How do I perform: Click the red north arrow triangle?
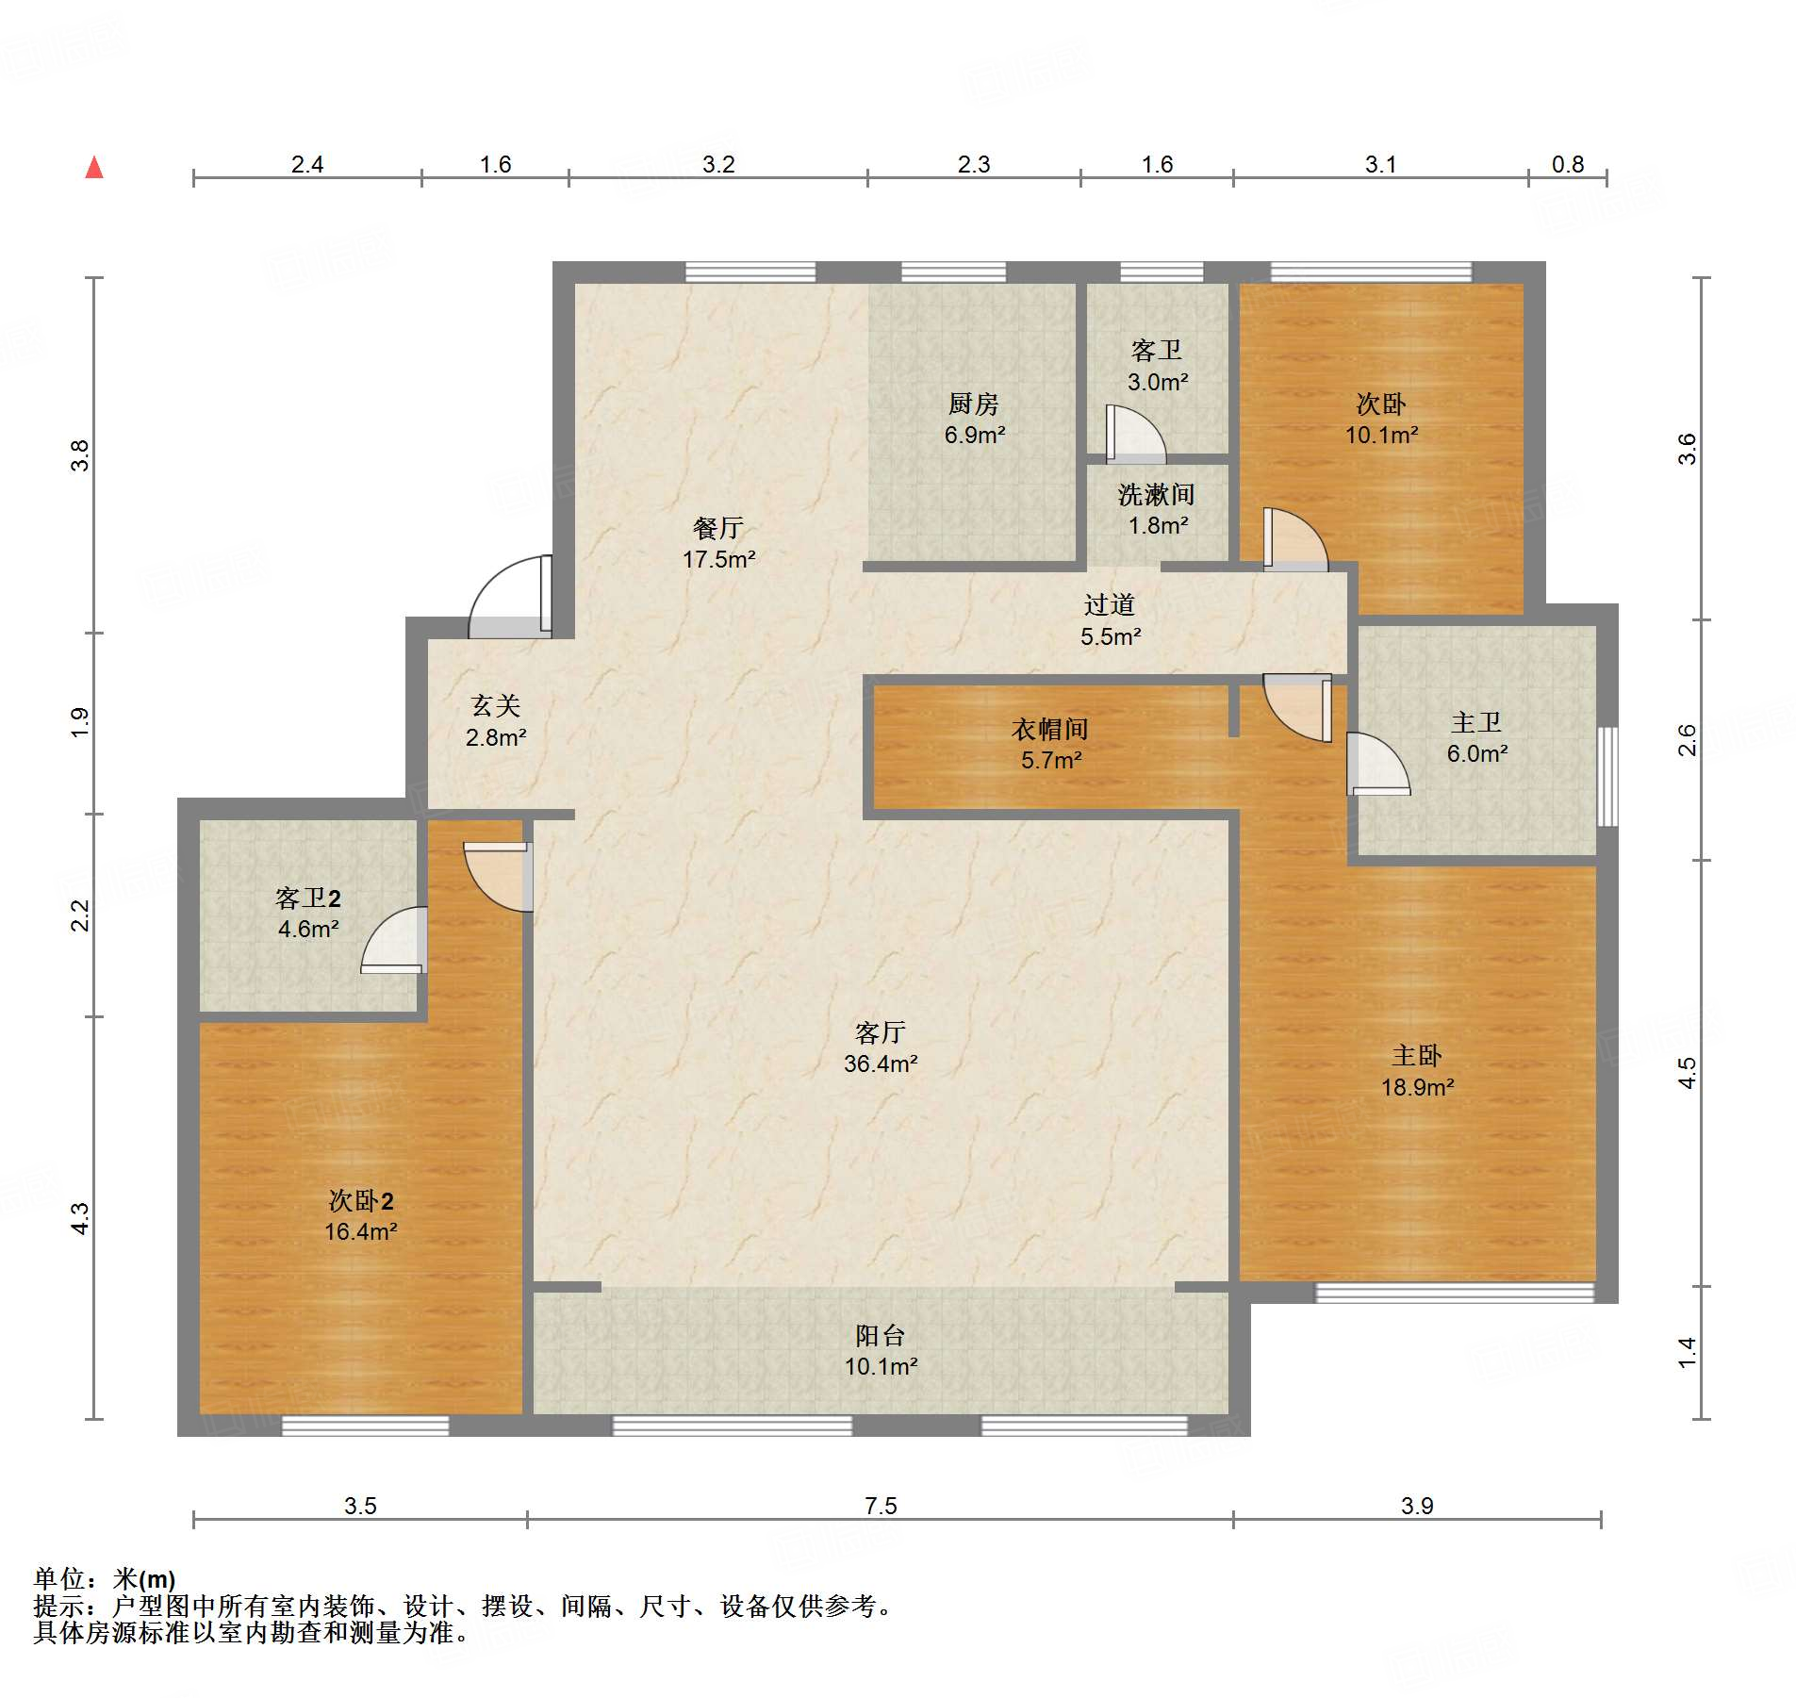point(94,168)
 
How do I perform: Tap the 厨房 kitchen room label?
point(973,404)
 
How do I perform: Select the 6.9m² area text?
point(975,436)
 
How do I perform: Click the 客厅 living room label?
point(881,1032)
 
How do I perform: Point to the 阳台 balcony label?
point(881,1335)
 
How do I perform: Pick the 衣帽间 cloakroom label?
point(1050,729)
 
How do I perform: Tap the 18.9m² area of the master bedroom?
point(1418,1087)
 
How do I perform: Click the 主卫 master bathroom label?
point(1476,722)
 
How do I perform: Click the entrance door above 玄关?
point(510,597)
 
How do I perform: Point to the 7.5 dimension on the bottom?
point(881,1506)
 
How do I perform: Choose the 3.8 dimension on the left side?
point(80,455)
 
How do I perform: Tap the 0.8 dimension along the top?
point(1568,165)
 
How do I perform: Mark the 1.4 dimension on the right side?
point(1688,1352)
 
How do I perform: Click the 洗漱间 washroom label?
point(1157,494)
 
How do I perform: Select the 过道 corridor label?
point(1110,604)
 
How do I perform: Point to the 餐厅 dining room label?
point(718,528)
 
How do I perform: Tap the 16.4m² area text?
point(361,1231)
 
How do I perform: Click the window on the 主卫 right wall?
point(1607,777)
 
